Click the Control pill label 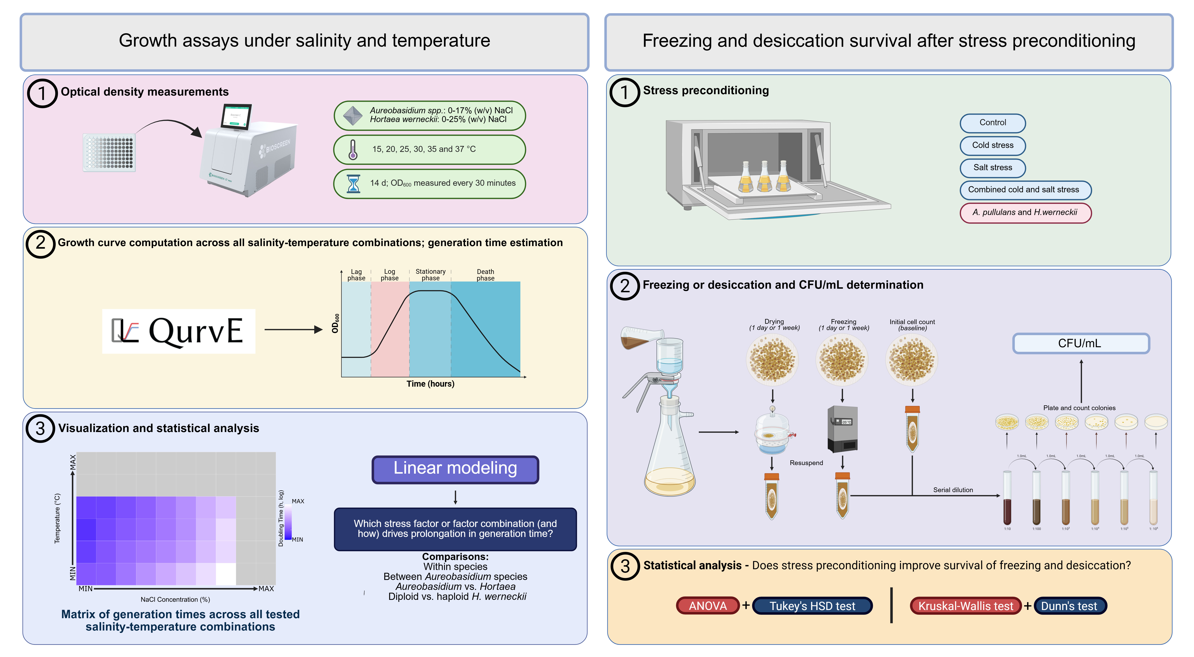tap(992, 123)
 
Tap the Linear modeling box tap(455, 469)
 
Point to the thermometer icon tap(353, 149)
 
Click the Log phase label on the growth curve tap(389, 275)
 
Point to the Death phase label tap(485, 275)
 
